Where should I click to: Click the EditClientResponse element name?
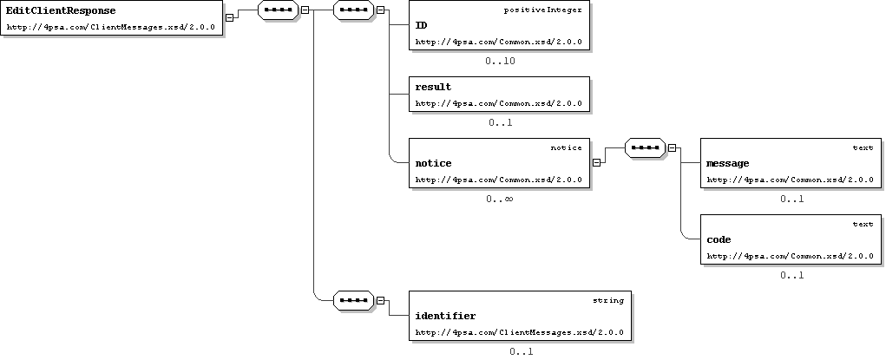tap(61, 10)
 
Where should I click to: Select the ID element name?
tap(421, 25)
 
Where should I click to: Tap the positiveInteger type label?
tap(542, 10)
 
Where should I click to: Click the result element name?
tap(433, 87)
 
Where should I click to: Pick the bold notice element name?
tap(433, 163)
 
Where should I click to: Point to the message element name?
tap(728, 163)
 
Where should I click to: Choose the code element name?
tap(719, 239)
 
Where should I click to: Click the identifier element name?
tap(445, 316)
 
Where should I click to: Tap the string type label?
tap(608, 301)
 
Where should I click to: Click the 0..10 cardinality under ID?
tap(500, 61)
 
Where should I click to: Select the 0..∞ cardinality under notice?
tap(500, 199)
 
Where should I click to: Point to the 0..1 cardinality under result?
tap(501, 122)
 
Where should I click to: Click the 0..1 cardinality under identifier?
tap(521, 351)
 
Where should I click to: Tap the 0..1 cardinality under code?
tap(792, 275)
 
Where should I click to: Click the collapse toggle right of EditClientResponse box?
tap(229, 17)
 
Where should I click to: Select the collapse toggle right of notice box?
tap(597, 163)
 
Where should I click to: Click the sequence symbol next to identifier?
tap(354, 301)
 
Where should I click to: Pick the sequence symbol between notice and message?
tap(646, 148)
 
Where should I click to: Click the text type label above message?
tap(863, 148)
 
